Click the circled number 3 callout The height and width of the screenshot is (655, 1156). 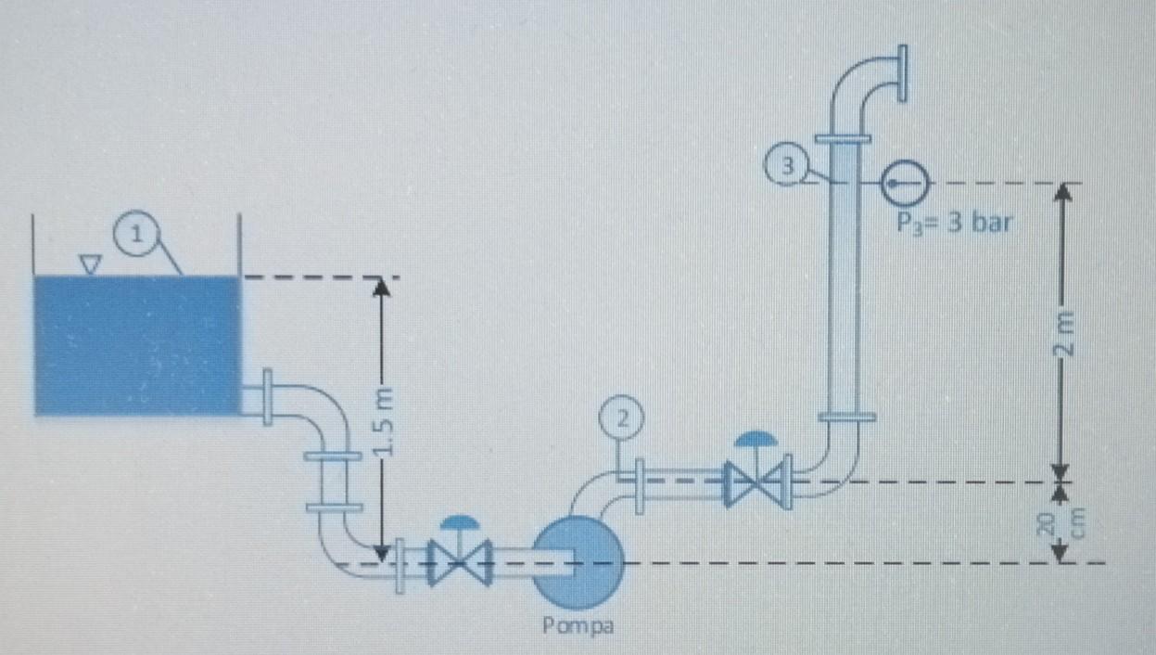point(787,167)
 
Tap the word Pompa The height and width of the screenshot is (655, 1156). point(578,624)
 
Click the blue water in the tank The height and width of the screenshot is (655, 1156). point(137,344)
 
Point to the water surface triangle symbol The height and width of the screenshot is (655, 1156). point(89,264)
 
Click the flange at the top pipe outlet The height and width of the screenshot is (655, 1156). point(900,73)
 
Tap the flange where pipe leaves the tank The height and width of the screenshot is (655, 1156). point(267,397)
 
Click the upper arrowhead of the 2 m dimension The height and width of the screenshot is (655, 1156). point(1063,192)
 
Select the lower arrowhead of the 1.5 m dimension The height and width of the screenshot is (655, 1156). point(381,553)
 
